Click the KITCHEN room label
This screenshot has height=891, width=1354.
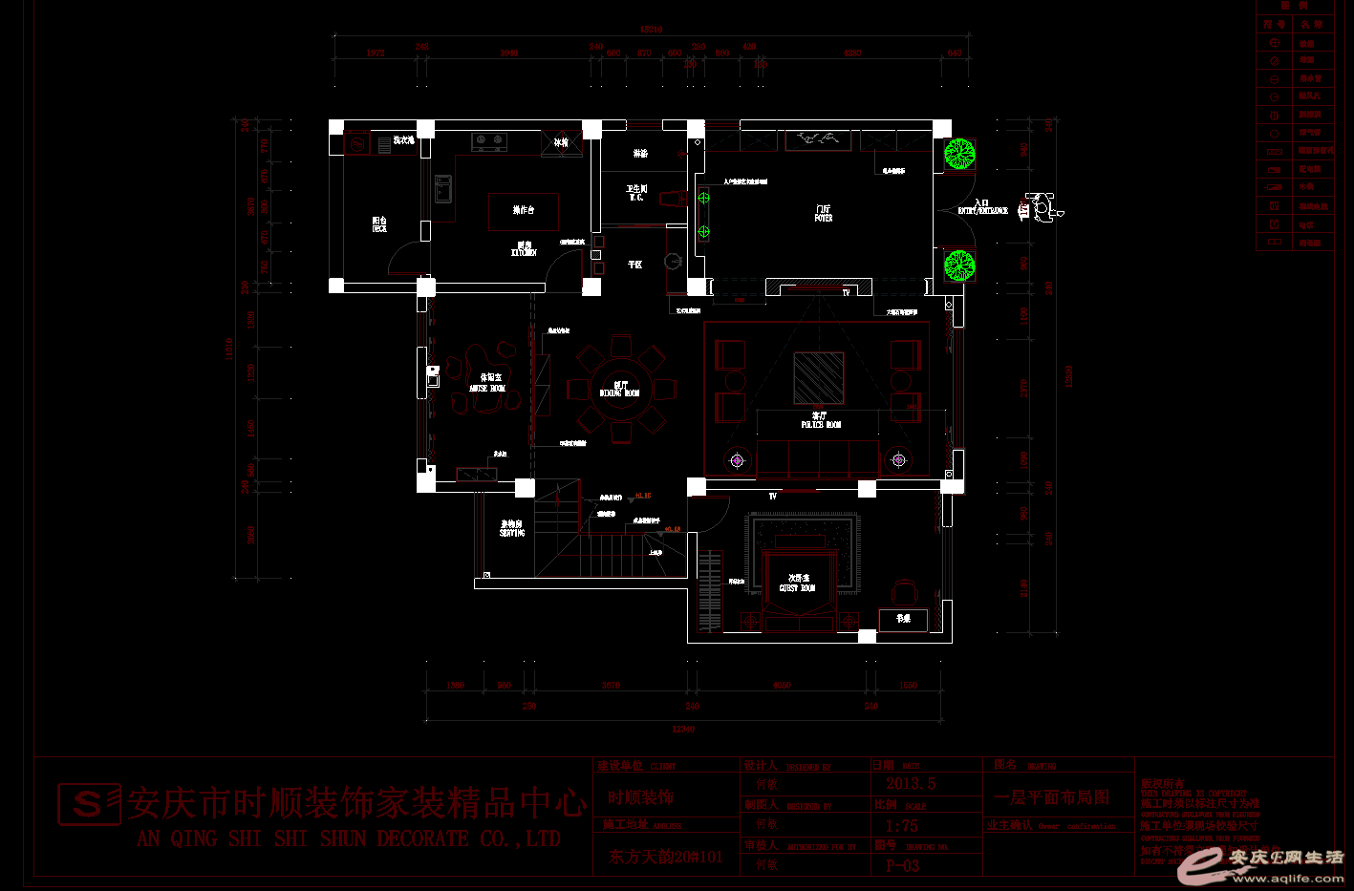[x=524, y=249]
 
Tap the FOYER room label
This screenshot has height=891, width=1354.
[x=823, y=213]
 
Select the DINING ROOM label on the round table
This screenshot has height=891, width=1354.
[x=619, y=390]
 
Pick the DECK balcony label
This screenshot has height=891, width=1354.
[x=379, y=224]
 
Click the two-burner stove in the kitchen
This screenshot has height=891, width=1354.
[x=489, y=141]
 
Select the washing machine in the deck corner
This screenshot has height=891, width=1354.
[x=357, y=144]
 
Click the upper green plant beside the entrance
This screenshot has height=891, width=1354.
[x=958, y=154]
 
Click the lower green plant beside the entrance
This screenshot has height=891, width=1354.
[x=958, y=265]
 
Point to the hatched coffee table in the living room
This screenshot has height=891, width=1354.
[x=819, y=378]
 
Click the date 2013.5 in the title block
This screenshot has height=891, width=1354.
[x=911, y=784]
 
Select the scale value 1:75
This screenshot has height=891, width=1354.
[x=901, y=826]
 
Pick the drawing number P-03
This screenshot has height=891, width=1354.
[x=902, y=866]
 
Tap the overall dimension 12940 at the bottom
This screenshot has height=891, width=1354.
[x=683, y=729]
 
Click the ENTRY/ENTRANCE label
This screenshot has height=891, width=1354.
[x=982, y=207]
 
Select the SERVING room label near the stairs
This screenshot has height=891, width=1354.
[x=512, y=528]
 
